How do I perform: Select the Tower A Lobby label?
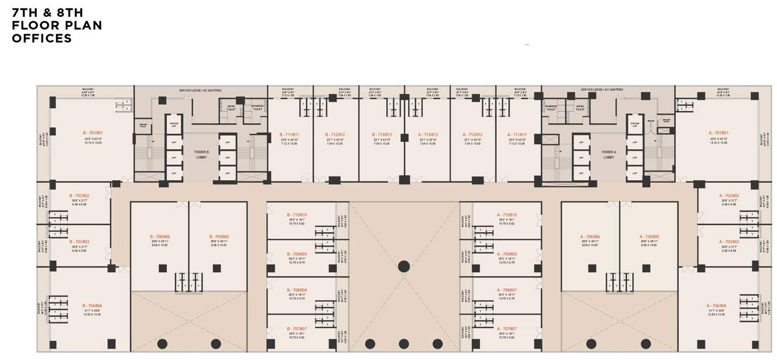pyautogui.click(x=608, y=154)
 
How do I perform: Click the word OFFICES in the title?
pyautogui.click(x=42, y=38)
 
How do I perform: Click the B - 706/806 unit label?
pyautogui.click(x=160, y=237)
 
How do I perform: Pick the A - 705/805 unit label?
pyautogui.click(x=648, y=237)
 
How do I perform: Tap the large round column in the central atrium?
pyautogui.click(x=404, y=266)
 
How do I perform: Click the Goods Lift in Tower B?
pyautogui.click(x=173, y=124)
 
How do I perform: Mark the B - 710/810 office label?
pyautogui.click(x=297, y=215)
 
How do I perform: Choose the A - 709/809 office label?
pyautogui.click(x=507, y=254)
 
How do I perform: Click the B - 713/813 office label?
pyautogui.click(x=382, y=134)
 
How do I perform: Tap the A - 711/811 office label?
pyautogui.click(x=516, y=134)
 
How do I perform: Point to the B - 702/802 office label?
pyautogui.click(x=79, y=196)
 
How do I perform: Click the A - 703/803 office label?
pyautogui.click(x=729, y=241)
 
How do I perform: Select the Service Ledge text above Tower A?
pyautogui.click(x=601, y=90)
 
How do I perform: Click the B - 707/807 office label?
pyautogui.click(x=297, y=329)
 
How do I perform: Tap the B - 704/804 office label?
pyautogui.click(x=92, y=305)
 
